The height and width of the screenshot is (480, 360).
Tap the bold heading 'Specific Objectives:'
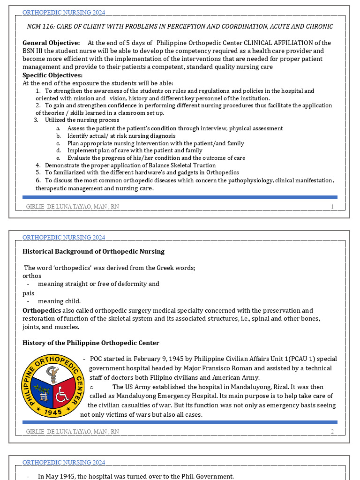(52, 75)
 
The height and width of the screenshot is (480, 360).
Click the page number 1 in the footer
(332, 207)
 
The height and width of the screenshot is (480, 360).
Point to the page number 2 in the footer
(332, 431)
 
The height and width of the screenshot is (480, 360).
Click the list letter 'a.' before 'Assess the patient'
(58, 128)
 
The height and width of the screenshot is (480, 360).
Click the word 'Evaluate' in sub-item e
(79, 158)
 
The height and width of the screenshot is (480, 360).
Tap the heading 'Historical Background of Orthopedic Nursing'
(93, 251)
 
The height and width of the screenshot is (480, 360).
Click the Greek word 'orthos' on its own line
(32, 276)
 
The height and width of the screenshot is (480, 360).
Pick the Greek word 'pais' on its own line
(28, 293)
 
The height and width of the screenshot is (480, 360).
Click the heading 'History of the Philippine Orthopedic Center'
(90, 343)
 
